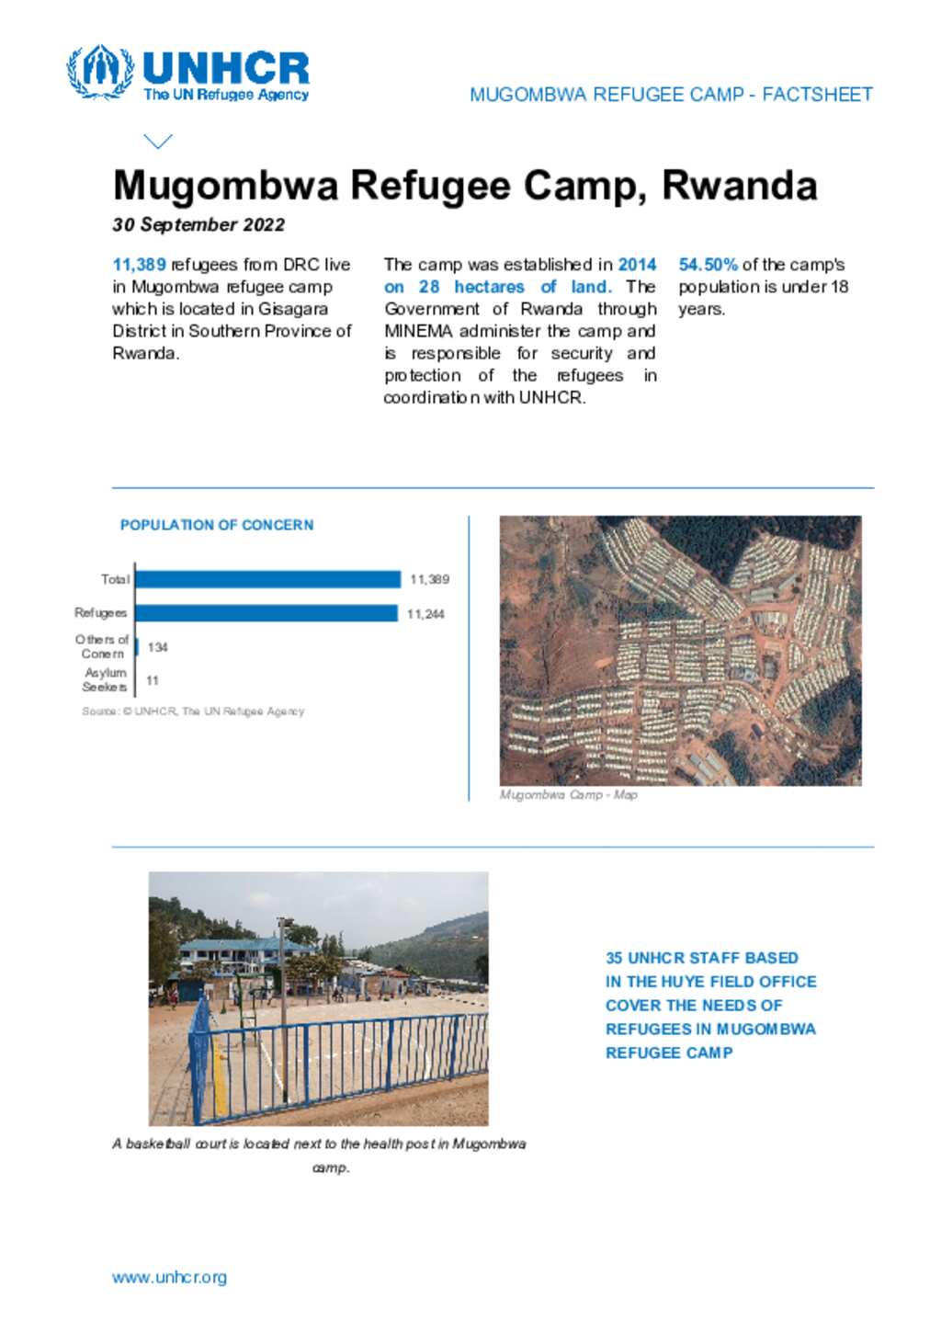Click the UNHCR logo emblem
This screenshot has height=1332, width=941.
99,71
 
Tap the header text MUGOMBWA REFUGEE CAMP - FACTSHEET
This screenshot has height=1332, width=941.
671,95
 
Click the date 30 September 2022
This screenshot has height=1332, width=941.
198,225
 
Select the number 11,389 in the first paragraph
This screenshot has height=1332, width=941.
139,265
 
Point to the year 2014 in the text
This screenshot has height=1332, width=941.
637,265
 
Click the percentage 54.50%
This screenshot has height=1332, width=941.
708,265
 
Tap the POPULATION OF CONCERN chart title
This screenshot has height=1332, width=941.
217,525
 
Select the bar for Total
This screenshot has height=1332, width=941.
267,579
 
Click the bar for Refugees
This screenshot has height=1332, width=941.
266,613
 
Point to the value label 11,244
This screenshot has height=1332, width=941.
425,614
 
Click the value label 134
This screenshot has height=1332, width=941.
158,647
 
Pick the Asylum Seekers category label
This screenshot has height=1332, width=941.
105,680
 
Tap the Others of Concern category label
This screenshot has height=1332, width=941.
102,646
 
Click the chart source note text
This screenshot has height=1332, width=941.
193,712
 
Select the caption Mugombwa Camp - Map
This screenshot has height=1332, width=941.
568,795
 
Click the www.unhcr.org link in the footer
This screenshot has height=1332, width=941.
169,1278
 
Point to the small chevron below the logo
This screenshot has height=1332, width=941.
158,141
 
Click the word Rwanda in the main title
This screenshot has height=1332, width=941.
739,186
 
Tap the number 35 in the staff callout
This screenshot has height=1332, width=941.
614,958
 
